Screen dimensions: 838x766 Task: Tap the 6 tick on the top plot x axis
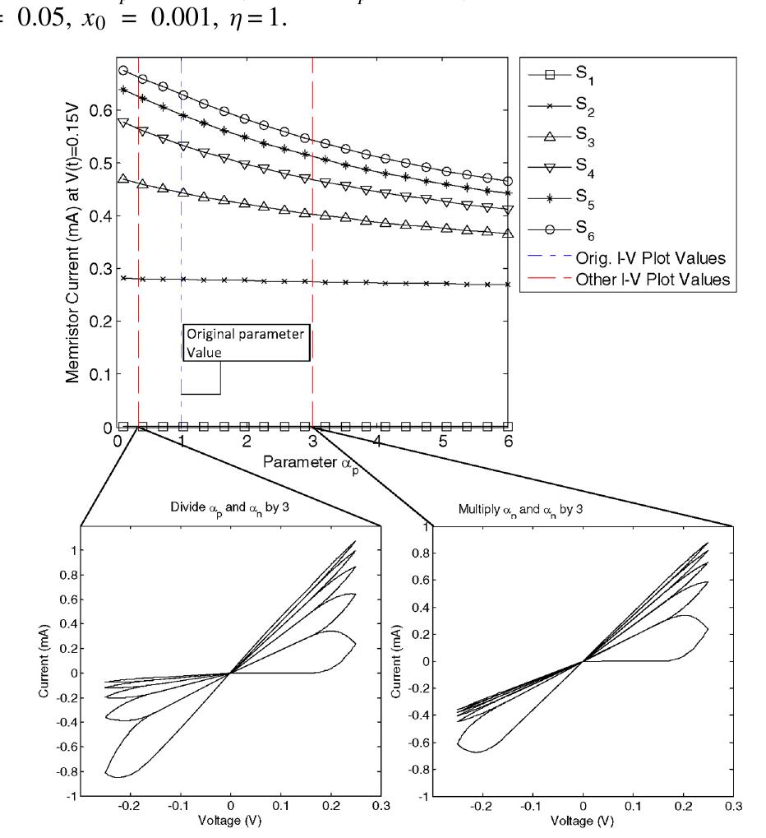(508, 442)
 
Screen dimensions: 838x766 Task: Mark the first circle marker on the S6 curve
(123, 71)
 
